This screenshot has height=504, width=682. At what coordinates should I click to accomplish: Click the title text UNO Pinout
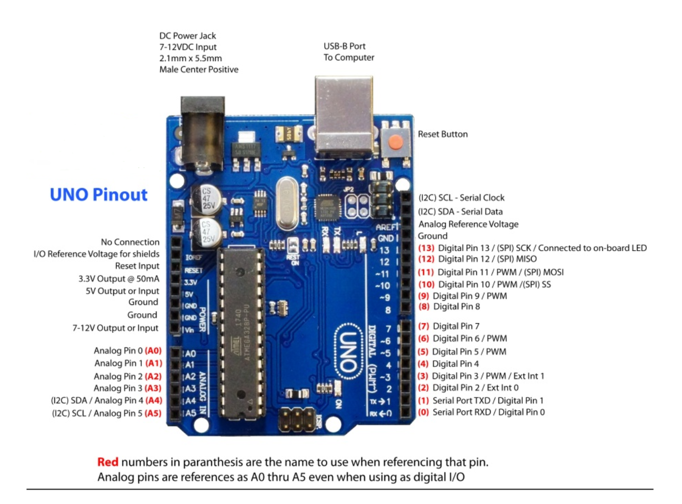98,195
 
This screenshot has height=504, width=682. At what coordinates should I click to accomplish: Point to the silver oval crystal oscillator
287,203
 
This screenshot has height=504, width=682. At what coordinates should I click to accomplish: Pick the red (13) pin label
426,248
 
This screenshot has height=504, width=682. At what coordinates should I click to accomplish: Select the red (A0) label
153,351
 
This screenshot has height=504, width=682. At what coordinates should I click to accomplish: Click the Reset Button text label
443,134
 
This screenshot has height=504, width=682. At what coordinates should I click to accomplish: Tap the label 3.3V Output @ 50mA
119,279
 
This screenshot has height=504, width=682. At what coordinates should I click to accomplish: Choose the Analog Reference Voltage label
468,224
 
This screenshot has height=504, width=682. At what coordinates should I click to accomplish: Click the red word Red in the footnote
108,462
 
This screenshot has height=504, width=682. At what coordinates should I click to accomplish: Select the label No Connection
130,242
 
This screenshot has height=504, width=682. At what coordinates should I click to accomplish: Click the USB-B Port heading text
344,46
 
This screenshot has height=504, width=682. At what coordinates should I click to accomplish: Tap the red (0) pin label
423,413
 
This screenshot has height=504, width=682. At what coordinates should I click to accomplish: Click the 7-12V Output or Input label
115,328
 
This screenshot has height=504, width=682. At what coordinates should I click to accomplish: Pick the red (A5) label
153,414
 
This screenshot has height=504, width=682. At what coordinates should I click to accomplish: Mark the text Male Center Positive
199,70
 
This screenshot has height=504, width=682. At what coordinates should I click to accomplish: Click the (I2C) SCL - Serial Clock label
461,198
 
